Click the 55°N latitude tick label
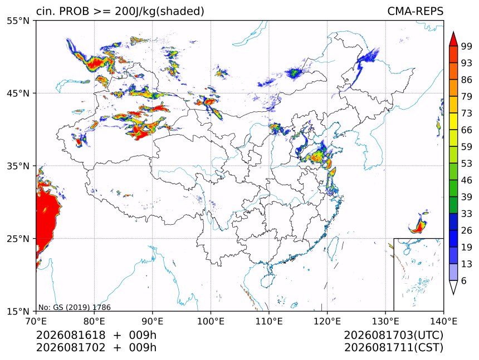pos(18,21)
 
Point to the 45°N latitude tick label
pos(18,93)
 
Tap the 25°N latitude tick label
pos(18,239)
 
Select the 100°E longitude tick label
pos(211,321)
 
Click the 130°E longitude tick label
pos(385,321)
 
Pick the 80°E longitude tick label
pos(94,321)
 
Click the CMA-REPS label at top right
pos(415,11)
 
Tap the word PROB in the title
pos(74,11)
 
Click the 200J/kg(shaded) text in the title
pos(159,12)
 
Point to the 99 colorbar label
pos(467,47)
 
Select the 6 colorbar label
pos(464,280)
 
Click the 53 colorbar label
pos(467,164)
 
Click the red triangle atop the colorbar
pos(453,39)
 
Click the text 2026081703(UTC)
pos(393,336)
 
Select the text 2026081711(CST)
pos(393,348)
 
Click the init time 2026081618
pos(71,335)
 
